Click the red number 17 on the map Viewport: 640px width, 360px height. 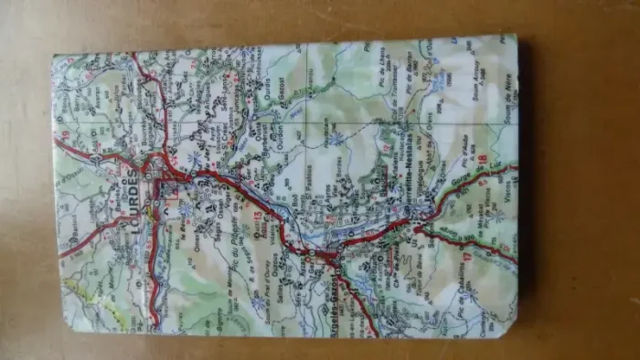coord(466,258)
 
